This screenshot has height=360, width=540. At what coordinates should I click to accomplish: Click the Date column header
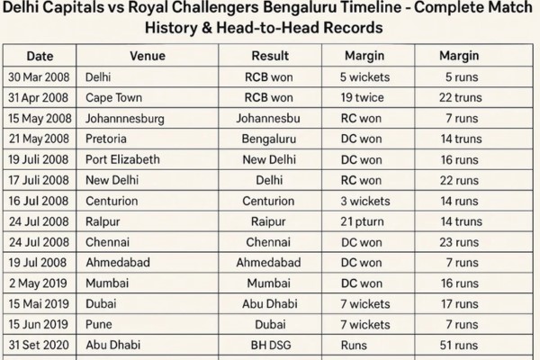(x=39, y=55)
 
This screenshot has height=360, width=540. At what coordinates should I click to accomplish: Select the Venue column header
(x=147, y=55)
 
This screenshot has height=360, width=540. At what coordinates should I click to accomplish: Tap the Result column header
(x=270, y=55)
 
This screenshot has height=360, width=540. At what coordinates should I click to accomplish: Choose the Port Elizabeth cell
(x=122, y=158)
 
